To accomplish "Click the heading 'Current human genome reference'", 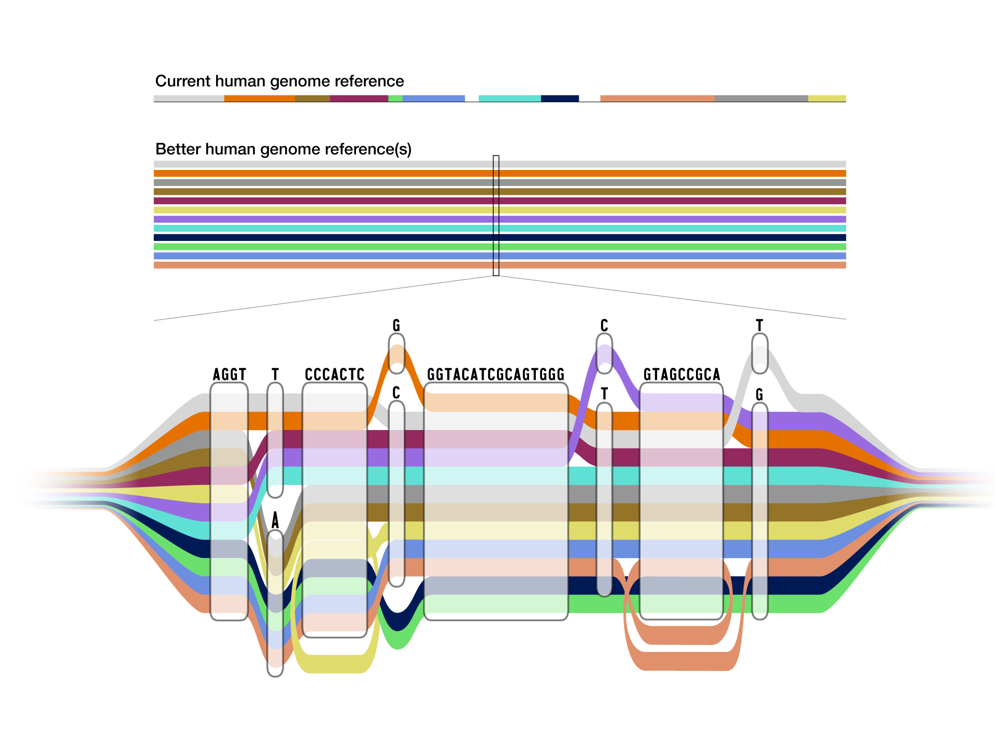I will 279,81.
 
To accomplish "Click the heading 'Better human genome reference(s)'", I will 283,149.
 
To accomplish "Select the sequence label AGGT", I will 229,374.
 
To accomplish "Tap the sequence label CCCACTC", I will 335,374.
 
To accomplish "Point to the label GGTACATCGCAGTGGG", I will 495,374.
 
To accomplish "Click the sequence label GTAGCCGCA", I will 681,374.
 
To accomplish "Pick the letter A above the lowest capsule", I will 275,520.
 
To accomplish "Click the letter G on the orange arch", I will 396,325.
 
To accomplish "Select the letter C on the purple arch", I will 604,325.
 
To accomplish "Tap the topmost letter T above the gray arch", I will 760,325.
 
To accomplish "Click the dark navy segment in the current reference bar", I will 560,98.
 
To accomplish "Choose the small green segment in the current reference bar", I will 395,98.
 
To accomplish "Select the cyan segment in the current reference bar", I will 509,98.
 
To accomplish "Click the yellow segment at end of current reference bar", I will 827,98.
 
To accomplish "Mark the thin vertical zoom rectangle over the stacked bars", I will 496,216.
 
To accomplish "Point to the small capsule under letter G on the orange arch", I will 396,353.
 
